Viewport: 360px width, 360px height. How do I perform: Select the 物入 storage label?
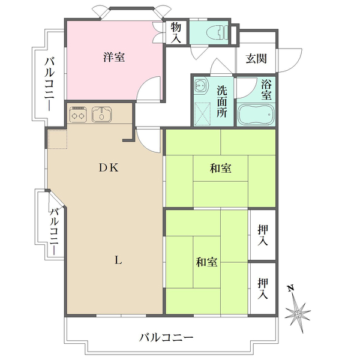tap(176, 32)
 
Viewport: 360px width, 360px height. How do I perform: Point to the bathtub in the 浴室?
tap(256, 114)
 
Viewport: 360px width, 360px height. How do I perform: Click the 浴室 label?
tap(267, 90)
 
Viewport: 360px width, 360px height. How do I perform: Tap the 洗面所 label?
tap(222, 100)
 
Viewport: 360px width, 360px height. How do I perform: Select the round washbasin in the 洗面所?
tap(200, 86)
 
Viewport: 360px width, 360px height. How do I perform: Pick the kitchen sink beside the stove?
tap(103, 113)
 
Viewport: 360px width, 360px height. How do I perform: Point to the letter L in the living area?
tap(118, 260)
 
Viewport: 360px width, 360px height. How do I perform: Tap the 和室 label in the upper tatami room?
tap(221, 169)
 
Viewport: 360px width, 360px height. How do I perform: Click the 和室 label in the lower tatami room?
tap(206, 262)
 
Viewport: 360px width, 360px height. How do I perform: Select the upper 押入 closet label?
tap(263, 235)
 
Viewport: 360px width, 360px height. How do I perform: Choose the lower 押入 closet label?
tap(263, 289)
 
